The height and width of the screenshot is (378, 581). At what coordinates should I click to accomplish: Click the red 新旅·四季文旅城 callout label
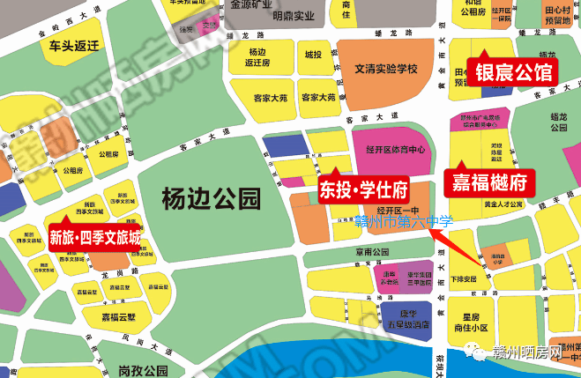[95, 237]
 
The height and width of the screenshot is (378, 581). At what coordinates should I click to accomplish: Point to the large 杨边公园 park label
[212, 199]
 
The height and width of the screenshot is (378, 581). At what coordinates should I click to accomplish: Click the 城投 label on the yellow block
[313, 55]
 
